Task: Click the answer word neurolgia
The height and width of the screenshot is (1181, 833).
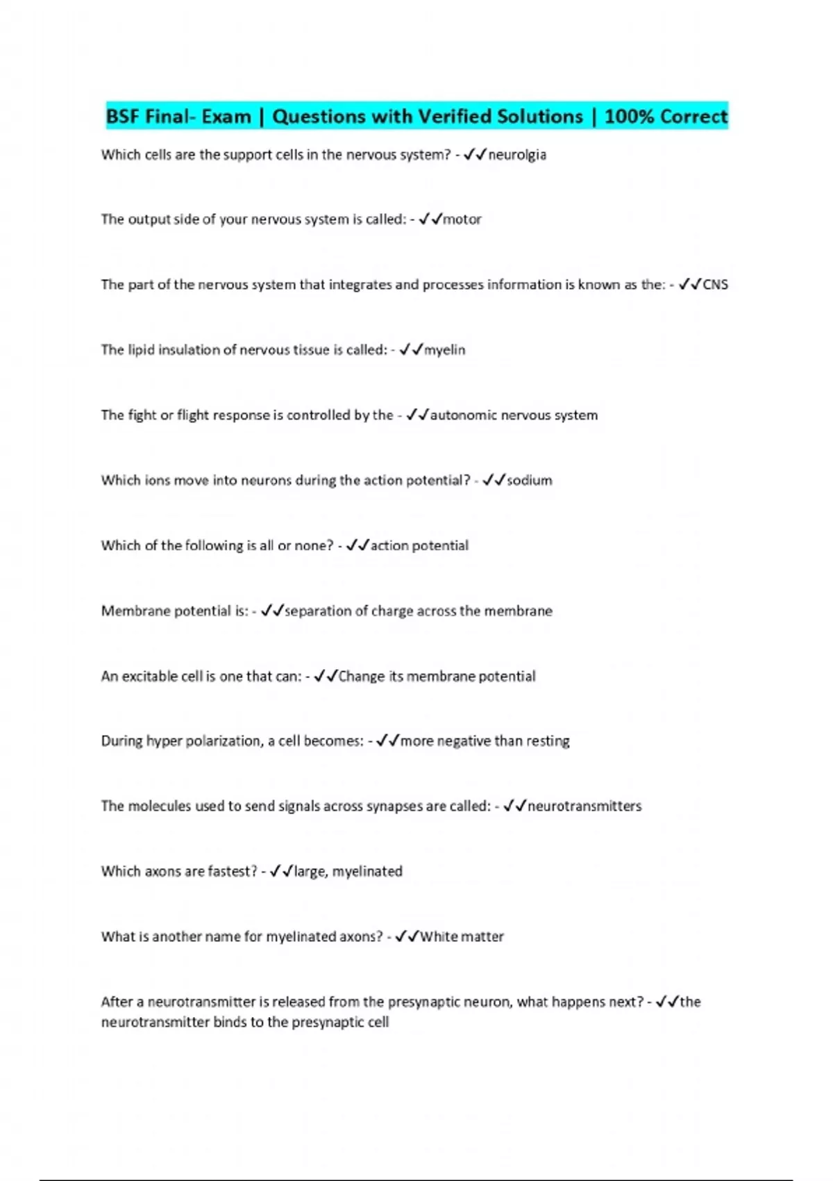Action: (517, 155)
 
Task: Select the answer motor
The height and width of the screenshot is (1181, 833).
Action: (462, 220)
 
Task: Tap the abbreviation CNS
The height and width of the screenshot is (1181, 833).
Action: (716, 285)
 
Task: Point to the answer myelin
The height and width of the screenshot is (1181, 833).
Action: (445, 350)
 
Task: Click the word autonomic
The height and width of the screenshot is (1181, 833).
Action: (463, 415)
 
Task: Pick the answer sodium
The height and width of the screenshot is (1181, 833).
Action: (530, 481)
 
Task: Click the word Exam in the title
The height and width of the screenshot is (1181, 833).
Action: (226, 117)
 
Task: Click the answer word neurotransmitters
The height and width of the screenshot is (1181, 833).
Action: (584, 807)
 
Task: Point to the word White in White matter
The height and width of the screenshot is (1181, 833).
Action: (439, 937)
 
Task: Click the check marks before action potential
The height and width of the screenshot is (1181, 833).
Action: (357, 546)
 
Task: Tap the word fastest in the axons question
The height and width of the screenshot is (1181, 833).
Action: (233, 872)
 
